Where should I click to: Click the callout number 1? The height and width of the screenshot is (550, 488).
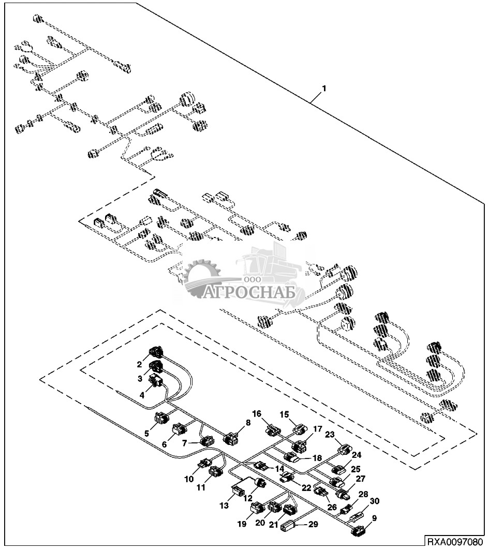pyautogui.click(x=324, y=89)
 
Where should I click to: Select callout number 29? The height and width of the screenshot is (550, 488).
pyautogui.click(x=313, y=524)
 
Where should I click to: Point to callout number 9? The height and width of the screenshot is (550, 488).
pyautogui.click(x=374, y=518)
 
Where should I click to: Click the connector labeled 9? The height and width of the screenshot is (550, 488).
pyautogui.click(x=359, y=531)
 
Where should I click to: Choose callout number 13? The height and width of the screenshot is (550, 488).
pyautogui.click(x=224, y=506)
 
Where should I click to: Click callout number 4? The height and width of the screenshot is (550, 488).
pyautogui.click(x=142, y=395)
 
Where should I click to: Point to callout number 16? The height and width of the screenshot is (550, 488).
pyautogui.click(x=257, y=413)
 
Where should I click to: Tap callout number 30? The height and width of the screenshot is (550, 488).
pyautogui.click(x=375, y=501)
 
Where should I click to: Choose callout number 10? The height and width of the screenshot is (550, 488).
pyautogui.click(x=189, y=479)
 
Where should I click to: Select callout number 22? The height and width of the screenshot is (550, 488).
pyautogui.click(x=307, y=488)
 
